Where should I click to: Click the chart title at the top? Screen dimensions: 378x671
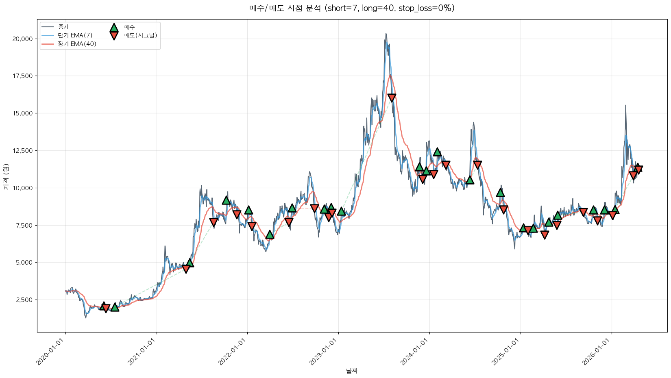click(x=352, y=8)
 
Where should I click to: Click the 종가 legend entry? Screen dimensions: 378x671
click(x=63, y=27)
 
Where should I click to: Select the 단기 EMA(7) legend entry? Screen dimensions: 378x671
click(x=75, y=35)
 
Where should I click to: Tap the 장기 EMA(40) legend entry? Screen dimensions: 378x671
click(x=77, y=44)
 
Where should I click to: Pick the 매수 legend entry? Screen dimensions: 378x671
click(x=129, y=27)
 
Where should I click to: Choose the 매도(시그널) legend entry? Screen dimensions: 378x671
click(x=140, y=35)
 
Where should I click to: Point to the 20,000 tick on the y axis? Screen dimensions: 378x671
click(x=23, y=39)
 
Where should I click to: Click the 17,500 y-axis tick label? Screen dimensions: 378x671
click(x=23, y=76)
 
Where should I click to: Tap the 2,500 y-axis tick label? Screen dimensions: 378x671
click(x=24, y=300)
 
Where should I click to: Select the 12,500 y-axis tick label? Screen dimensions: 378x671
click(x=23, y=151)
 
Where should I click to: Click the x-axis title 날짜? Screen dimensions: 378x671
click(x=352, y=371)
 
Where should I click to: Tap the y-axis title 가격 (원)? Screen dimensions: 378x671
click(x=6, y=177)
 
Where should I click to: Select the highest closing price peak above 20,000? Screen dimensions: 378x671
click(x=386, y=34)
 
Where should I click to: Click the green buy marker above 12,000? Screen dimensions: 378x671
click(x=437, y=152)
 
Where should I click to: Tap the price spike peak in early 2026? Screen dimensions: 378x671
click(x=625, y=106)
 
